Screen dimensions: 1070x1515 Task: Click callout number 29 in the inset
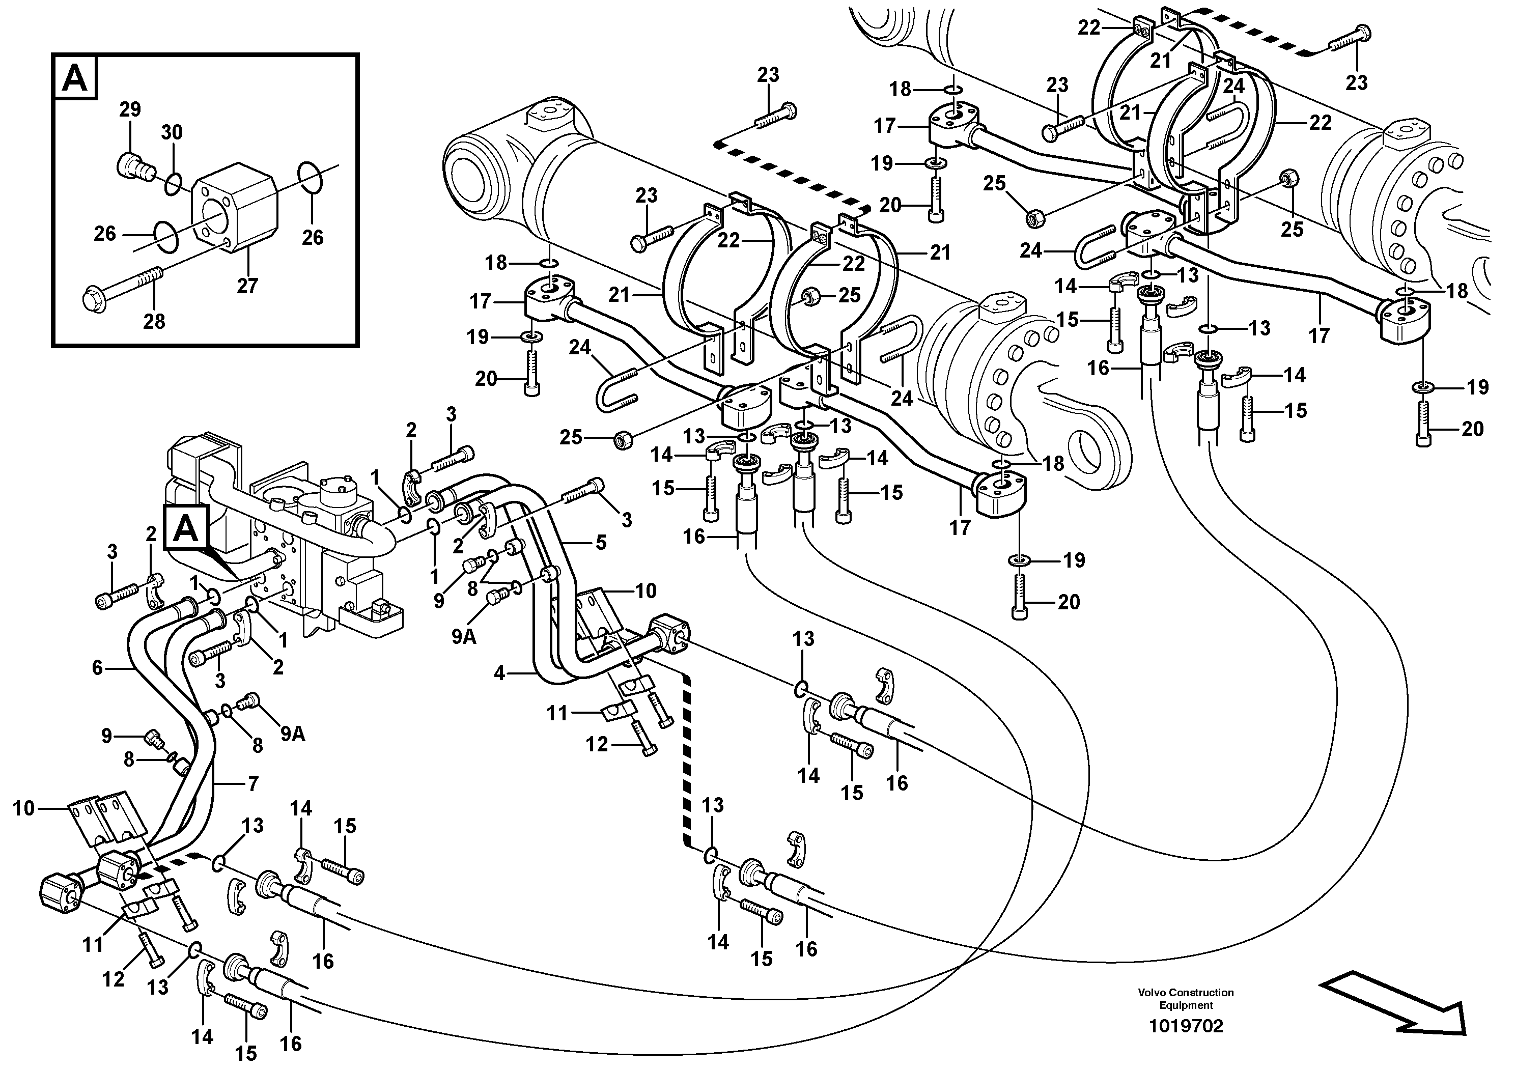[x=130, y=109]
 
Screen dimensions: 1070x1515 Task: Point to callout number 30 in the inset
[x=172, y=132]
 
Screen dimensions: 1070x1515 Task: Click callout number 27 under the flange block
[x=247, y=286]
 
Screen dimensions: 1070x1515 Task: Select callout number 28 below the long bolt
[x=154, y=321]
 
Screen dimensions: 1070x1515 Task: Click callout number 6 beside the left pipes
[x=97, y=668]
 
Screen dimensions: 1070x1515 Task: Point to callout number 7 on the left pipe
[x=252, y=784]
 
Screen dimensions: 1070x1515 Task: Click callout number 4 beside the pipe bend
[x=499, y=673]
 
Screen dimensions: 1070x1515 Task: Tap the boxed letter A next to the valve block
[x=186, y=529]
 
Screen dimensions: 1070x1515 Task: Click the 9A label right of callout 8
[x=292, y=734]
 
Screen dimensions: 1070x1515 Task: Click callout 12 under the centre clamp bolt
[x=597, y=745]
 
